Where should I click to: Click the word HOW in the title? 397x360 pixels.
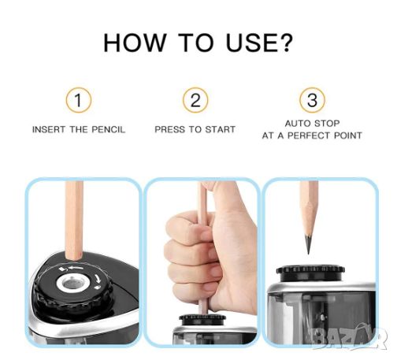(x=135, y=43)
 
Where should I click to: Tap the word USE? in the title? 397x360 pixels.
(x=258, y=43)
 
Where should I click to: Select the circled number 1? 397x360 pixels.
(x=79, y=100)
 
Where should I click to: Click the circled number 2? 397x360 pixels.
(x=195, y=100)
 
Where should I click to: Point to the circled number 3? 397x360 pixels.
(x=312, y=100)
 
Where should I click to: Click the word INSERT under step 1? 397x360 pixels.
(x=49, y=130)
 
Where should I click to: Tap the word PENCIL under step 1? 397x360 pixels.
(x=108, y=130)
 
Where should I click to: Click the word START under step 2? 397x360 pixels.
(x=220, y=129)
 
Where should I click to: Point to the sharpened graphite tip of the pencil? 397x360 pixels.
(x=308, y=243)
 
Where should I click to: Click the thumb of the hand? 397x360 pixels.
(x=222, y=199)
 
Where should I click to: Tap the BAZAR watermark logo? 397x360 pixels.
(x=349, y=337)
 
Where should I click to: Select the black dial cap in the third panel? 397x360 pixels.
(x=310, y=273)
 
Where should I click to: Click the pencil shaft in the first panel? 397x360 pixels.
(x=74, y=220)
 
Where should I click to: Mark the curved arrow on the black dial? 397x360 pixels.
(x=97, y=279)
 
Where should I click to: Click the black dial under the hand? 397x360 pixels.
(x=202, y=320)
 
